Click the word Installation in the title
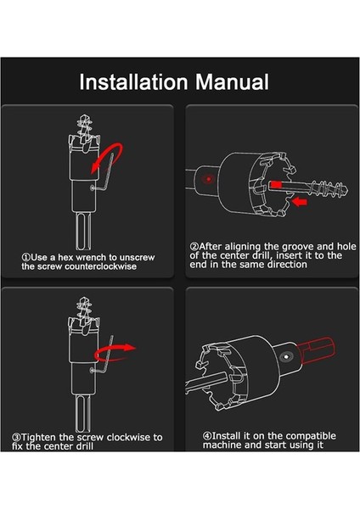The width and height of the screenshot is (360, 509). pos(133,81)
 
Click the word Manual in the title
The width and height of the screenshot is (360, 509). pos(232,81)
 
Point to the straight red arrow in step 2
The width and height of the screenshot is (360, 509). pos(299,202)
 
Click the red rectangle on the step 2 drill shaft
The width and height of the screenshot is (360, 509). pos(276,184)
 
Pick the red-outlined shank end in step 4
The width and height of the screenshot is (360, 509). pos(317,350)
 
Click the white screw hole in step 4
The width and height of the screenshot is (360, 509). pos(285,357)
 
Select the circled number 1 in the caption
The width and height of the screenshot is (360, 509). pos(25,257)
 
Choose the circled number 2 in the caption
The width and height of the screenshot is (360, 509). pos(194,246)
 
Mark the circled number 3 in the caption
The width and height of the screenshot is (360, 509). pos(16,437)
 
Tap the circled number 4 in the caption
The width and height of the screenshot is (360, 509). pos(207,436)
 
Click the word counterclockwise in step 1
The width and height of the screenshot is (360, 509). pos(101,266)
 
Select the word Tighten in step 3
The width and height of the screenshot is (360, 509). pos(39,437)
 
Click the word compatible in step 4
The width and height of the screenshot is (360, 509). pos(311,436)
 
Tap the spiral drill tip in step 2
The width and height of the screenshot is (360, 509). pos(329,188)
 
